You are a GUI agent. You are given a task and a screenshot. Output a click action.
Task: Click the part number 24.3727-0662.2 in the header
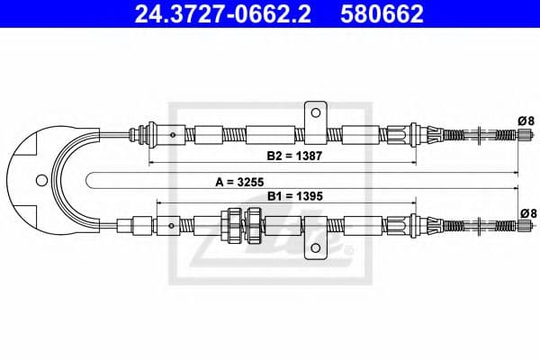pyautogui.click(x=210, y=14)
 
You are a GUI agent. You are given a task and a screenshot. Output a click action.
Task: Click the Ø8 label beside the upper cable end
pyautogui.click(x=526, y=120)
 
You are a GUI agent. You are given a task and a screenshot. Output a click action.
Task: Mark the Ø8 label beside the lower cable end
pyautogui.click(x=526, y=212)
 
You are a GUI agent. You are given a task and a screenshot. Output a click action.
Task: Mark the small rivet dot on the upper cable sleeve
pyautogui.click(x=173, y=135)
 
